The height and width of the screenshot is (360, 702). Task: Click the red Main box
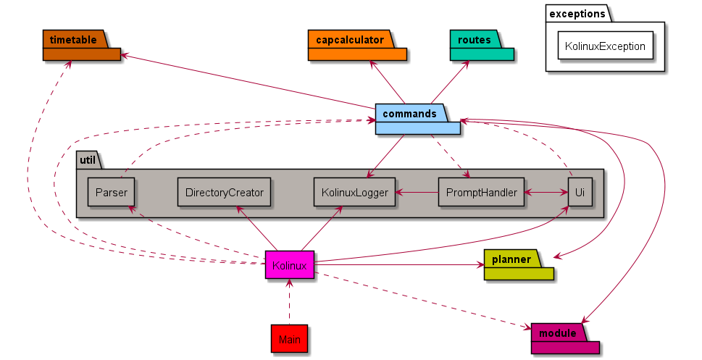tap(289, 339)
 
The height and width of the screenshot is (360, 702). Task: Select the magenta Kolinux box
tap(289, 266)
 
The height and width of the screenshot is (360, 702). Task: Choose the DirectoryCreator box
tap(224, 193)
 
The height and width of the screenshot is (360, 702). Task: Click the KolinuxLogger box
tap(354, 193)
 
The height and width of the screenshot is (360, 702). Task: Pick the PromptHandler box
tap(481, 193)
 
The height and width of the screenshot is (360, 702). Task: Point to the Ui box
tap(579, 193)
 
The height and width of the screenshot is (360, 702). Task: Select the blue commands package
tap(417, 120)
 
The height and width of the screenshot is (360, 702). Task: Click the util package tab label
tap(86, 159)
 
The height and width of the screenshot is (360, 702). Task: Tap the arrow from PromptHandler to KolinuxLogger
tap(417, 193)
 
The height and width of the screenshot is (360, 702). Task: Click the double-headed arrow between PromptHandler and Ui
tap(546, 193)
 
